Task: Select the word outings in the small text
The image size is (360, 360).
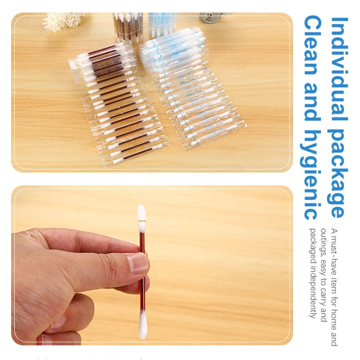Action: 323,240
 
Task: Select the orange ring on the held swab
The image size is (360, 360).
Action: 141,222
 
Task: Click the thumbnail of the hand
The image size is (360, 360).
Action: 138,262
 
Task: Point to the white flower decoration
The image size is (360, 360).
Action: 55,21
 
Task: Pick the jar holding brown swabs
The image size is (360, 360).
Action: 127,27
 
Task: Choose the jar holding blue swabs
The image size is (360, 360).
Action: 162,24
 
